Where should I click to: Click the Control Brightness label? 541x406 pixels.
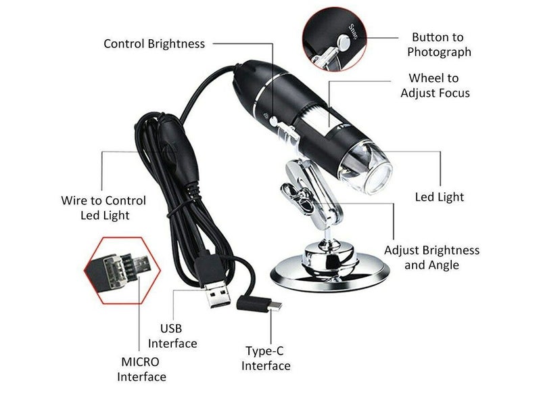(154, 44)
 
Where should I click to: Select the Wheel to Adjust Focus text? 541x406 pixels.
(434, 86)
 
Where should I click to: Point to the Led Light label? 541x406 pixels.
(439, 197)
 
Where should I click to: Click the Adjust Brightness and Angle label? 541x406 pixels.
(431, 257)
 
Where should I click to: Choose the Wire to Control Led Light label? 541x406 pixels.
(103, 208)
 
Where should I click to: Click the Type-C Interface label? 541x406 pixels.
(266, 359)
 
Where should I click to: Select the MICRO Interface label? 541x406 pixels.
(142, 369)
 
